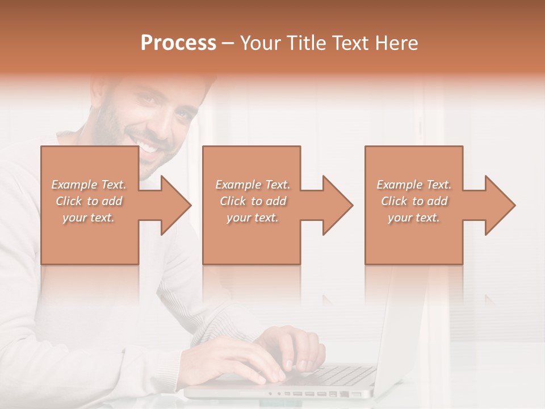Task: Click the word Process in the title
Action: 178,43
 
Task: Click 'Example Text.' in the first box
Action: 89,185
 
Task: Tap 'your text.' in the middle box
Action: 252,218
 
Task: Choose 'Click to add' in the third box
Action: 414,201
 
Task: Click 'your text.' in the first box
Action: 89,218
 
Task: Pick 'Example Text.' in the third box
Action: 414,185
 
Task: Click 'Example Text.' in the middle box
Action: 252,185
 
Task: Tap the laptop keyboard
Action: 341,375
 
